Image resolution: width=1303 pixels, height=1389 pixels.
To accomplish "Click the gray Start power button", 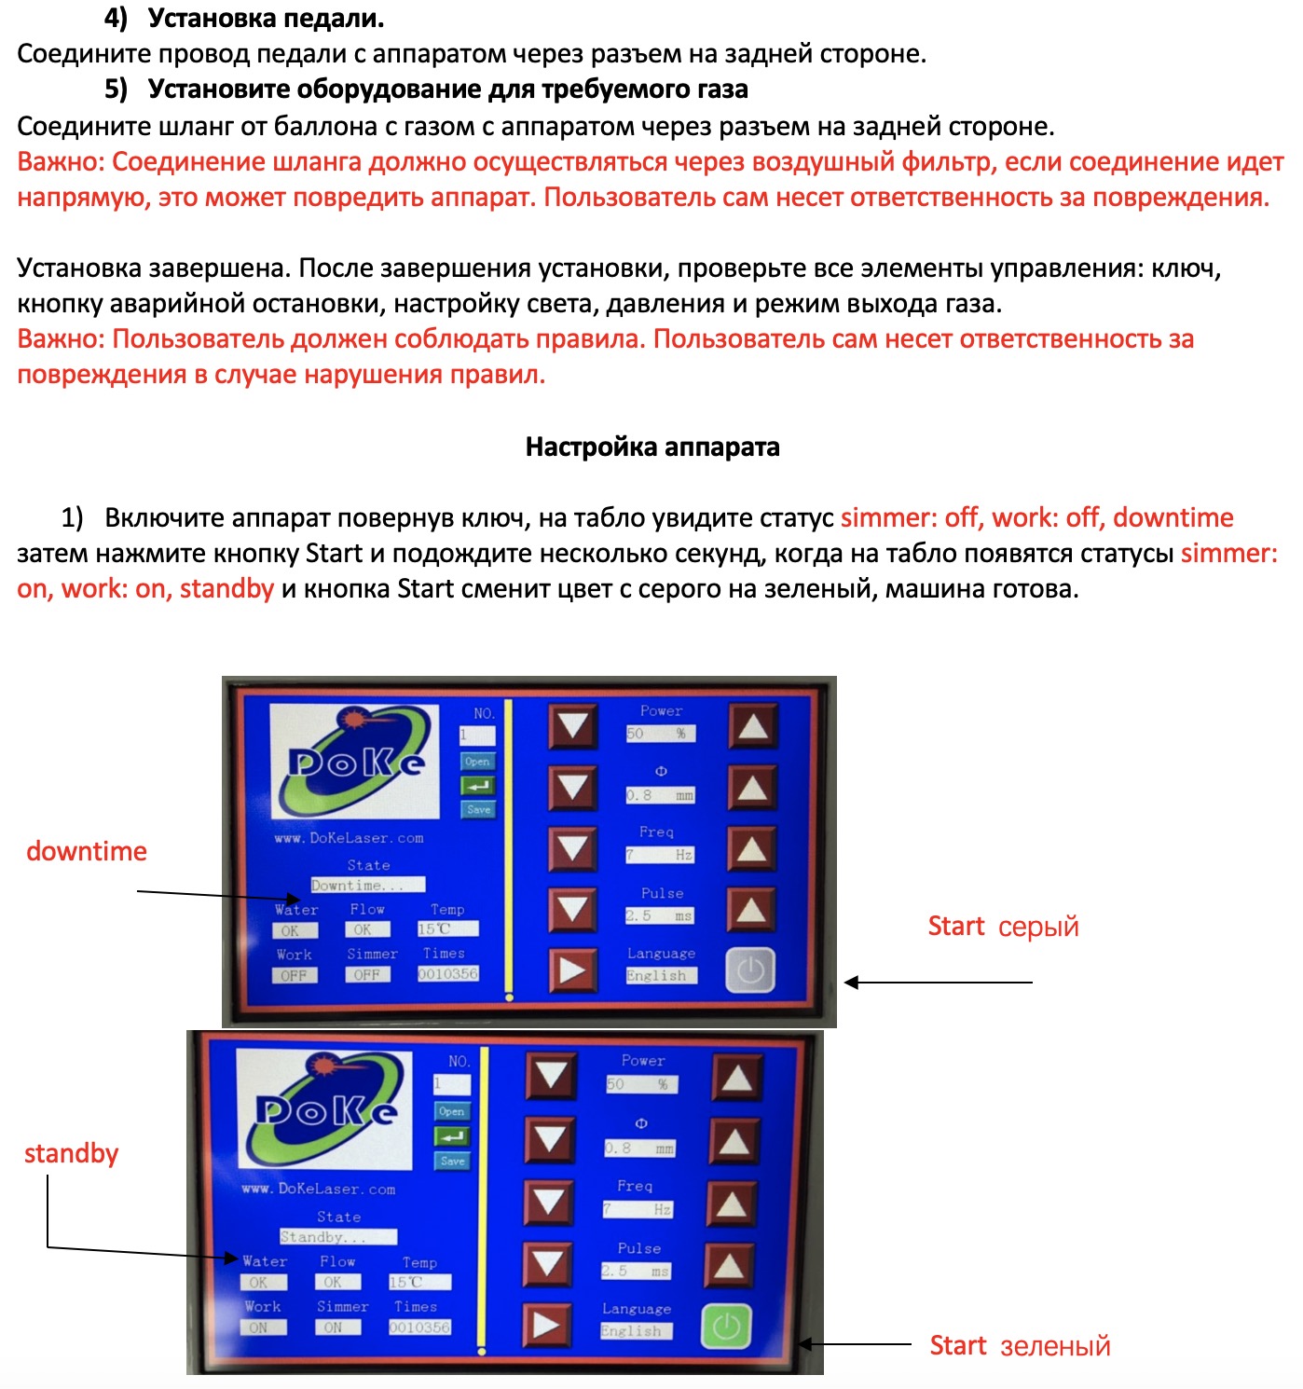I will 750,970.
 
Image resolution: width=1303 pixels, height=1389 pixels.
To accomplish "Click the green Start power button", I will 726,1327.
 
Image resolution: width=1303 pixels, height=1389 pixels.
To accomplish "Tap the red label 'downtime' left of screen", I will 87,851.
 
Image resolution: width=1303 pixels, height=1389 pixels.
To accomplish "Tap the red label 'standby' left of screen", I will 72,1153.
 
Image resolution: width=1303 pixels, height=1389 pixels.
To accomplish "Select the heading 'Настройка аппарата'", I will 652,447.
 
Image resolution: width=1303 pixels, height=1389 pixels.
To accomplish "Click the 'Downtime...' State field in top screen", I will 368,885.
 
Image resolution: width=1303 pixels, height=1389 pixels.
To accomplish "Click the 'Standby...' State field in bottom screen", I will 338,1237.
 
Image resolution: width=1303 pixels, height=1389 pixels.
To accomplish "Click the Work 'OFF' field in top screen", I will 295,975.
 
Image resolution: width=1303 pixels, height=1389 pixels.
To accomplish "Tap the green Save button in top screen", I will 478,809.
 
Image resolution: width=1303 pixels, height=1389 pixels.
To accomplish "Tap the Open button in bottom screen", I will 452,1111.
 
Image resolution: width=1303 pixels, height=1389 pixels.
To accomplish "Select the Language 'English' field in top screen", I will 661,975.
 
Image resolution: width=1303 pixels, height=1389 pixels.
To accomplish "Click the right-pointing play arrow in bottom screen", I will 547,1325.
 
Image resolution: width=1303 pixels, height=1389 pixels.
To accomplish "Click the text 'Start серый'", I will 1003,927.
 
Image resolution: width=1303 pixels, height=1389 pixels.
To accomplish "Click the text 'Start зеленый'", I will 1020,1346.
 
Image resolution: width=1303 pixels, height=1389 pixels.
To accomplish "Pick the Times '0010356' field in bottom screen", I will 419,1327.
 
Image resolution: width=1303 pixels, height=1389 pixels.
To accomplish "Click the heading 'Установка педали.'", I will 266,19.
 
